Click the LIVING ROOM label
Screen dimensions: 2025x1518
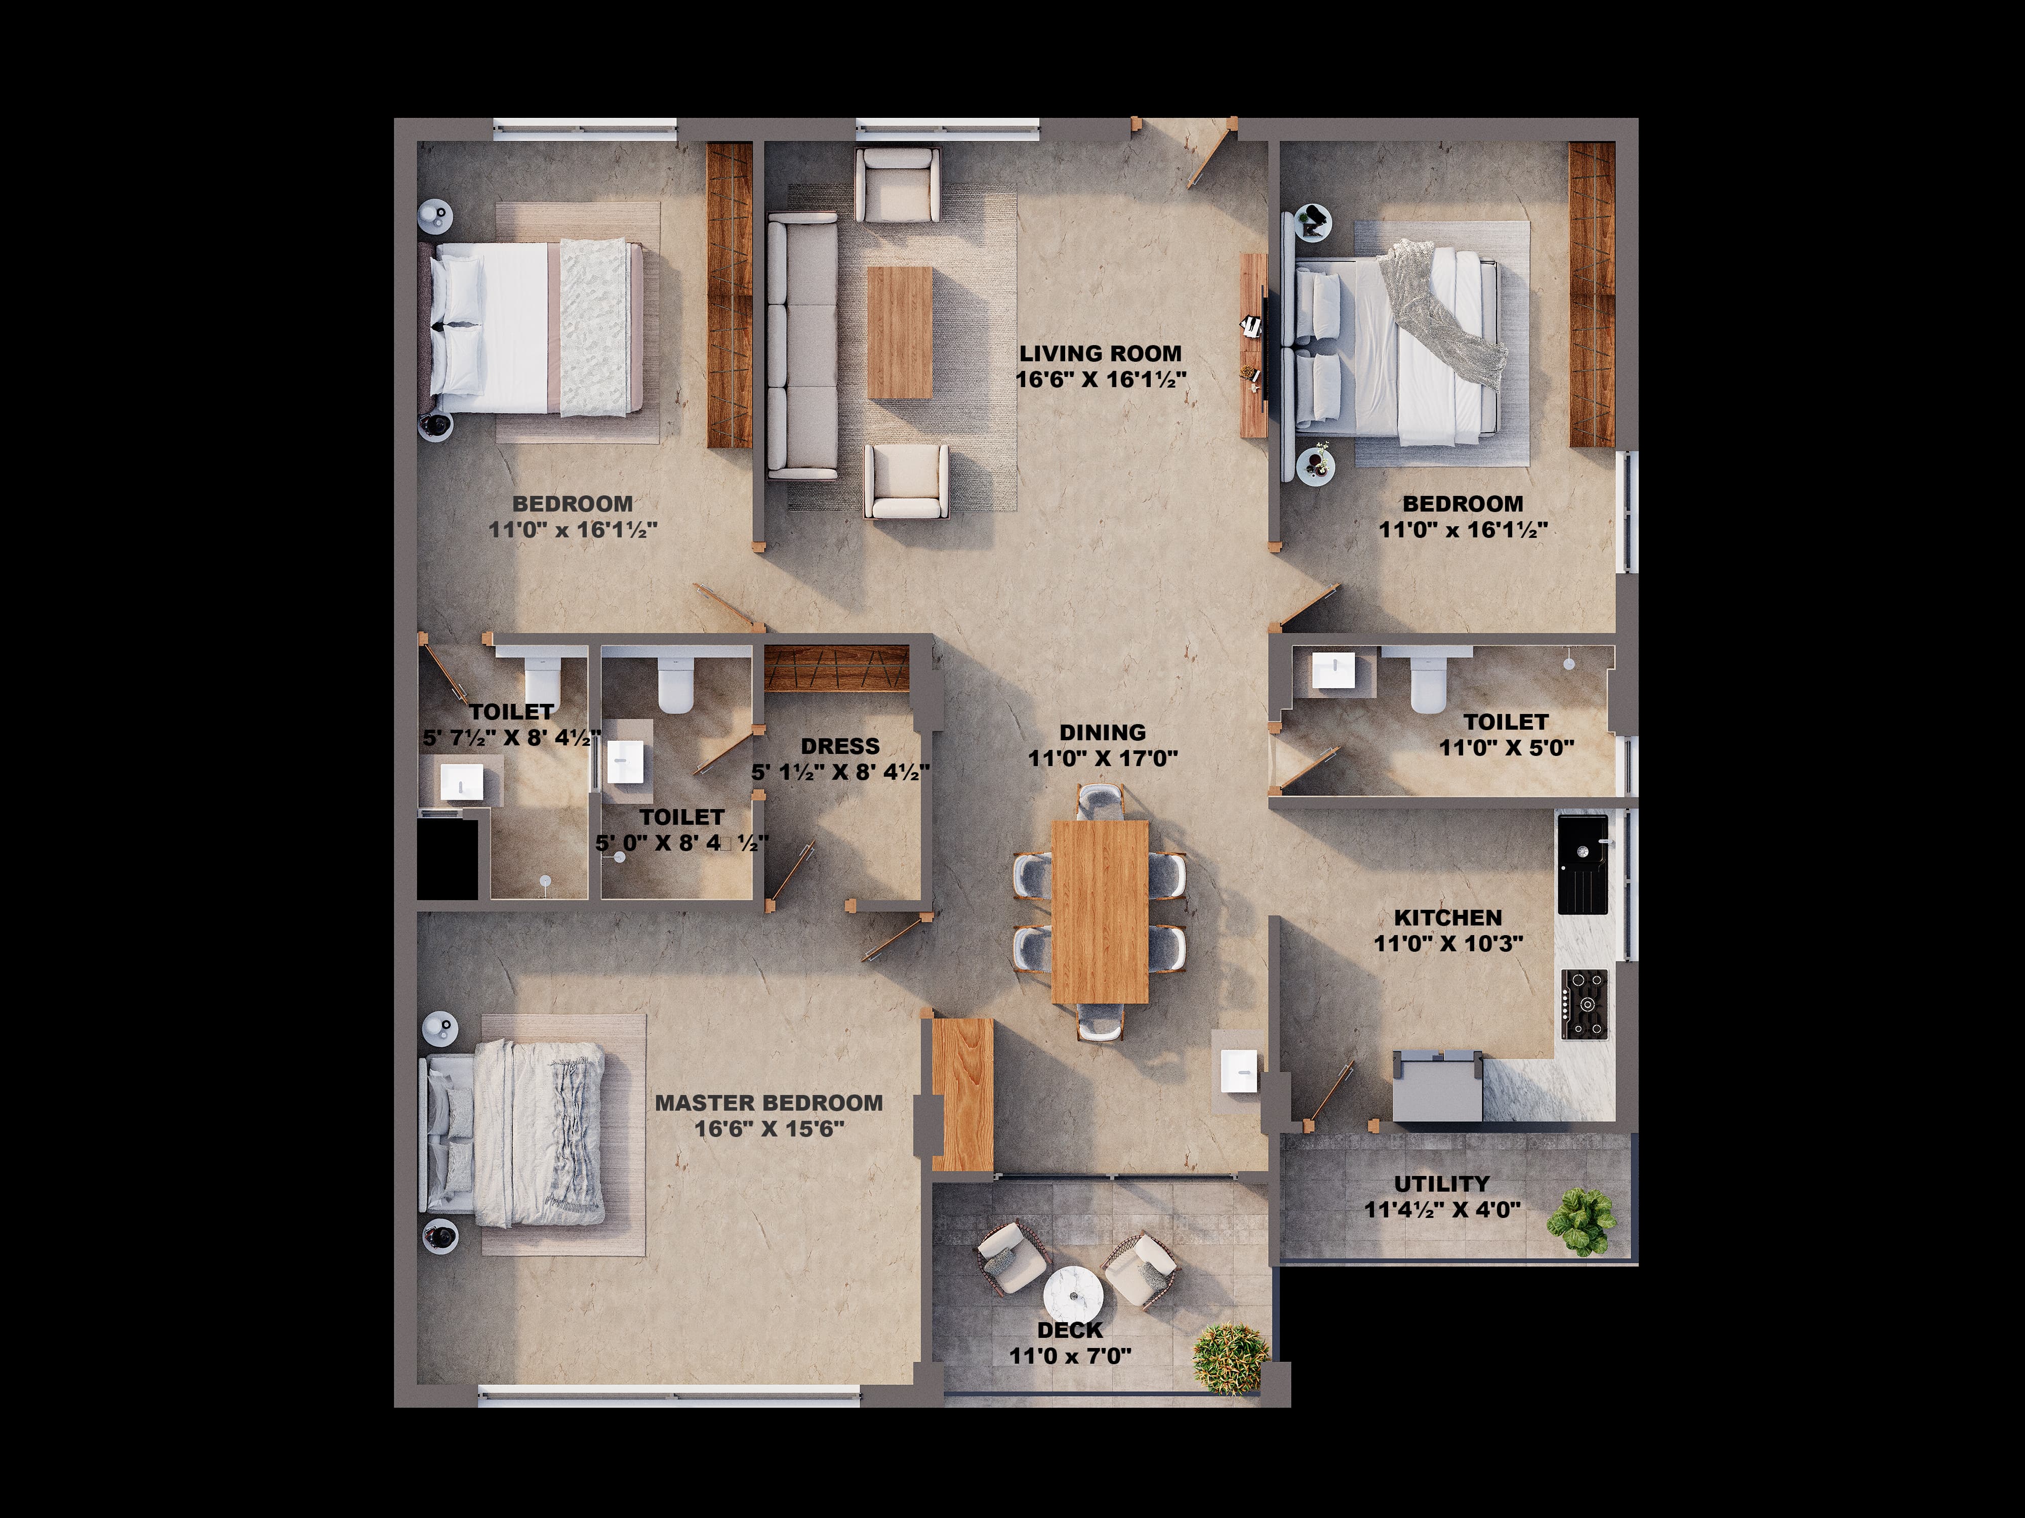coord(1101,353)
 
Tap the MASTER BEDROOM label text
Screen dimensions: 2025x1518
coord(769,1103)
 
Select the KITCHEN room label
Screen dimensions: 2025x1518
coord(1448,918)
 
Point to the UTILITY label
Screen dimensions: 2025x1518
coord(1442,1184)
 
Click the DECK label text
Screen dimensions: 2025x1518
coord(1070,1330)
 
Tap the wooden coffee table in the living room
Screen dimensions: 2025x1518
coord(900,332)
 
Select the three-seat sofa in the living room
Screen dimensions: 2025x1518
coord(802,346)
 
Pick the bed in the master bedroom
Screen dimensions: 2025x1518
coord(513,1133)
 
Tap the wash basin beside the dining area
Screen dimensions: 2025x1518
coord(1239,1072)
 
